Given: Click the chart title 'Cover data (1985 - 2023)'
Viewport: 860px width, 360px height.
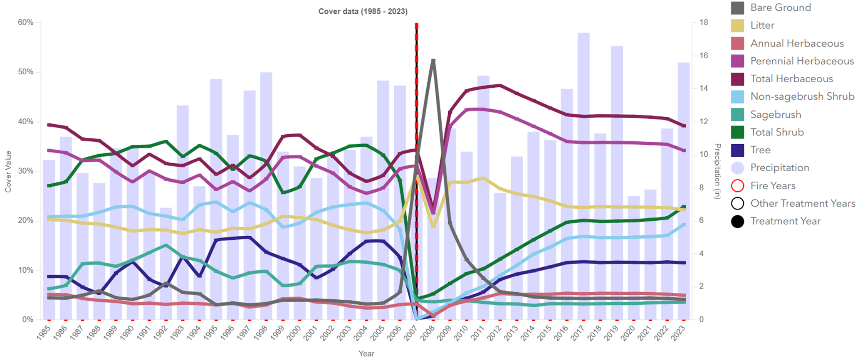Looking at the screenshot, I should tap(363, 11).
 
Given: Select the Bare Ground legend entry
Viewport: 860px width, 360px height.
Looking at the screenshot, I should tap(780, 7).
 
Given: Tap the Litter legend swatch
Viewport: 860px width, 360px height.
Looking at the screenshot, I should tap(738, 25).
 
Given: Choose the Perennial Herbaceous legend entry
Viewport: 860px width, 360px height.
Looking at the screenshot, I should tap(801, 61).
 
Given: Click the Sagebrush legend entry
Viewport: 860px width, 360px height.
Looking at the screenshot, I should tap(775, 114).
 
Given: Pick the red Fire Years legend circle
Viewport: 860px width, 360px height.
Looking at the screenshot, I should tap(737, 185).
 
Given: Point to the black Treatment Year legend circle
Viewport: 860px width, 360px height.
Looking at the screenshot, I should tap(737, 221).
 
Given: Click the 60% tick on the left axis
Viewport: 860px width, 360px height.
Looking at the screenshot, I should tap(26, 22).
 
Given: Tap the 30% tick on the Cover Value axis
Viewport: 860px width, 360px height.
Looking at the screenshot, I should tap(26, 171).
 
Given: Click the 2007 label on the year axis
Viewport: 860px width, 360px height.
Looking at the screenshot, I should tap(411, 333).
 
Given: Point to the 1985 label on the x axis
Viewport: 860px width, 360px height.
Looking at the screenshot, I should tap(44, 333).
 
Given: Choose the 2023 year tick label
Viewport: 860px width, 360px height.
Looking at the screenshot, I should tap(679, 333).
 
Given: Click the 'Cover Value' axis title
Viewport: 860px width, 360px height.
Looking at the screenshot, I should tap(8, 171).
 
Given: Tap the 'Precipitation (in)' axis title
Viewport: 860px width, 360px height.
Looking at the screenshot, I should tap(717, 171).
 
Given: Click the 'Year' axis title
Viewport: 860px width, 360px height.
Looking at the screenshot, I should tap(366, 354).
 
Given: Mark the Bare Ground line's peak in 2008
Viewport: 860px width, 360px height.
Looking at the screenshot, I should tap(433, 61).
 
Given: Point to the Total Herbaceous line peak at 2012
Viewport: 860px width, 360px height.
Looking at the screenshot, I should tap(500, 86).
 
